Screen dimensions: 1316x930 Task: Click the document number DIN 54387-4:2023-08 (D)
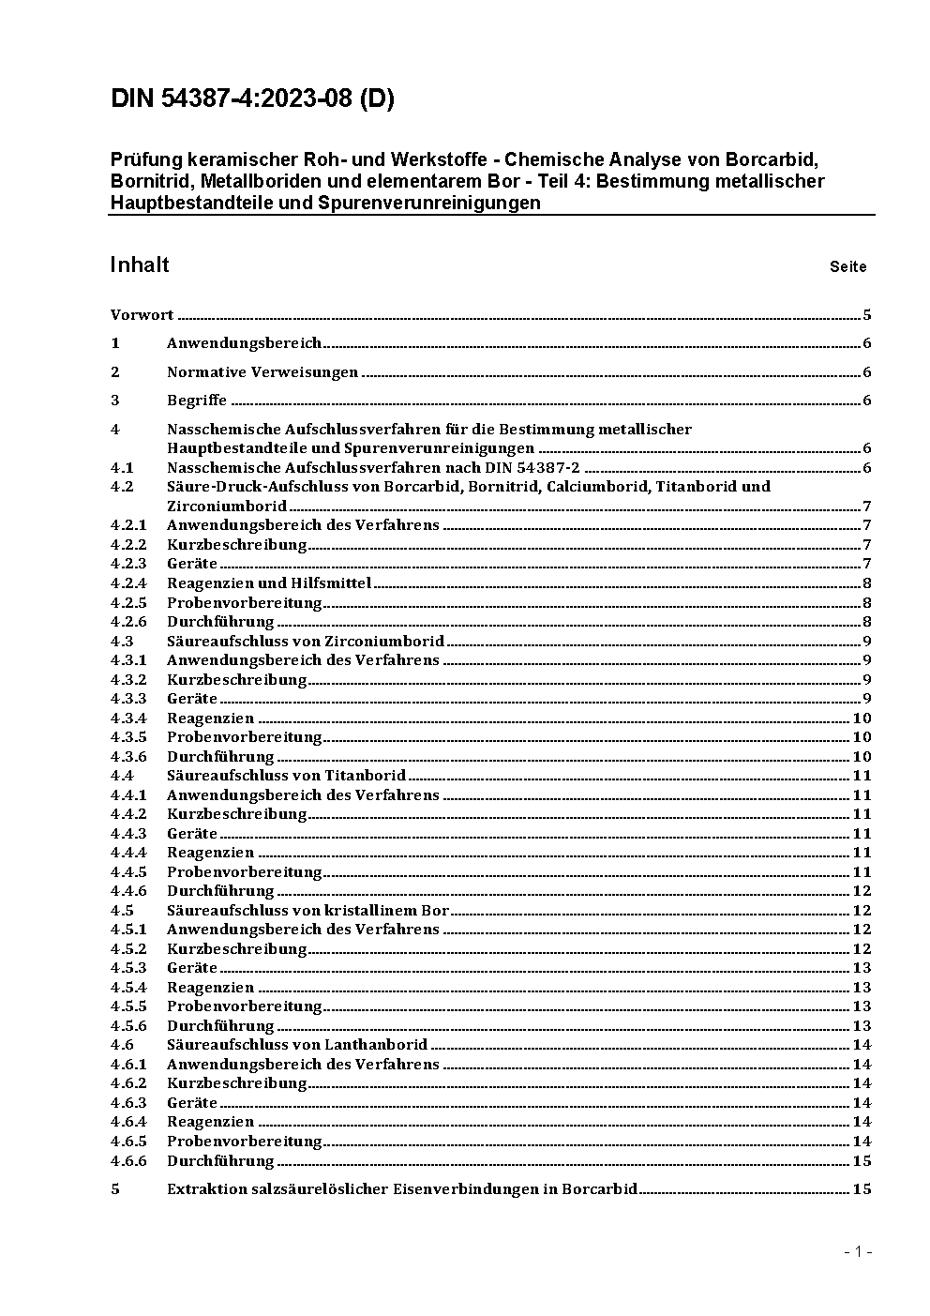[x=252, y=99]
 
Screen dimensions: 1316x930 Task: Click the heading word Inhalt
[x=140, y=265]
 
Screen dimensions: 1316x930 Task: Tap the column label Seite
[x=847, y=266]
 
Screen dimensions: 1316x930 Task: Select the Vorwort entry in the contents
[x=142, y=315]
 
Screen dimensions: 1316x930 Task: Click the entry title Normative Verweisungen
[x=262, y=372]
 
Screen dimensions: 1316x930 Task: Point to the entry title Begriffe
[x=197, y=401]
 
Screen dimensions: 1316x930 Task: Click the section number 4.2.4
[x=128, y=582]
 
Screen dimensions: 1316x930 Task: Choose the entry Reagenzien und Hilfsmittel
[x=269, y=582]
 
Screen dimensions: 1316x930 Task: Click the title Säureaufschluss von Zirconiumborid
[x=306, y=642]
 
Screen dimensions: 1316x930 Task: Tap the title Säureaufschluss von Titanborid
[x=286, y=775]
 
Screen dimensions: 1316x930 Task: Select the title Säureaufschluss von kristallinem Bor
[x=307, y=910]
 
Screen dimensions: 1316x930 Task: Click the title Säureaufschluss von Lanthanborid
[x=297, y=1044]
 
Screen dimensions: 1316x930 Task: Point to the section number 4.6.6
[x=128, y=1160]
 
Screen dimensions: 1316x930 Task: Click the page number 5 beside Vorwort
[x=867, y=315]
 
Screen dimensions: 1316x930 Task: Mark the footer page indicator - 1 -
[x=858, y=1251]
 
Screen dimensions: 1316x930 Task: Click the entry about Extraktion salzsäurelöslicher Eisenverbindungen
[x=402, y=1189]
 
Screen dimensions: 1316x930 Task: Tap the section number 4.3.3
[x=128, y=698]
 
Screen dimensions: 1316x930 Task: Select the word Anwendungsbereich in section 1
[x=244, y=343]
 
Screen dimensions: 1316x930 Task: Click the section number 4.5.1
[x=128, y=929]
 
